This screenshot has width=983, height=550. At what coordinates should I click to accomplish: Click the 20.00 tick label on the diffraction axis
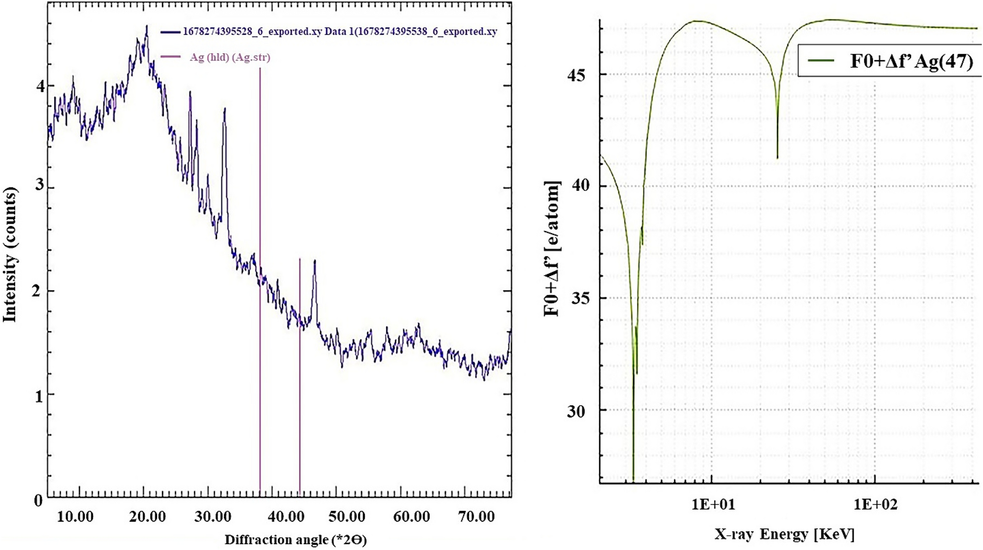click(147, 517)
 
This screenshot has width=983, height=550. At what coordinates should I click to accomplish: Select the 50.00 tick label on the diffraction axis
click(346, 517)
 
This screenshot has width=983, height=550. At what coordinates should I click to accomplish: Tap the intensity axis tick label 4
click(40, 86)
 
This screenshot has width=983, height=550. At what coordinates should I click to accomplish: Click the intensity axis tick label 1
click(39, 396)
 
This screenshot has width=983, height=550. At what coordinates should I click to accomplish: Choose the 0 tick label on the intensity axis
click(38, 501)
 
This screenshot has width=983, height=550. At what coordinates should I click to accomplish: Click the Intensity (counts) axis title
click(10, 254)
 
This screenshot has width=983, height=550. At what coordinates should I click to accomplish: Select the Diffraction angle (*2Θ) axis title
click(295, 540)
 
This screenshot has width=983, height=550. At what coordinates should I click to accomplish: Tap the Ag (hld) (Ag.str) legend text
click(230, 57)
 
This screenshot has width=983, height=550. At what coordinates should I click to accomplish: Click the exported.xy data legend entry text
click(339, 32)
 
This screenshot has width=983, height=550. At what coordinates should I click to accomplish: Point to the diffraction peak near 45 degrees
click(314, 262)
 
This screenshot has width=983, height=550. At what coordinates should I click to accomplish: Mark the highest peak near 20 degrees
click(146, 26)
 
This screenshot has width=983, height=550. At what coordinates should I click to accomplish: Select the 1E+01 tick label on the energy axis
click(713, 504)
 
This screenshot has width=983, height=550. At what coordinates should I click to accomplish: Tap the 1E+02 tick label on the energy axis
click(875, 504)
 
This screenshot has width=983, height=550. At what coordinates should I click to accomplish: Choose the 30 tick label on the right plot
click(576, 412)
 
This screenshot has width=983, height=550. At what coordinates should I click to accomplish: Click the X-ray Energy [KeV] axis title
click(784, 534)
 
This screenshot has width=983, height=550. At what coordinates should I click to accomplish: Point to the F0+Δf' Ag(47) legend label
click(911, 61)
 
